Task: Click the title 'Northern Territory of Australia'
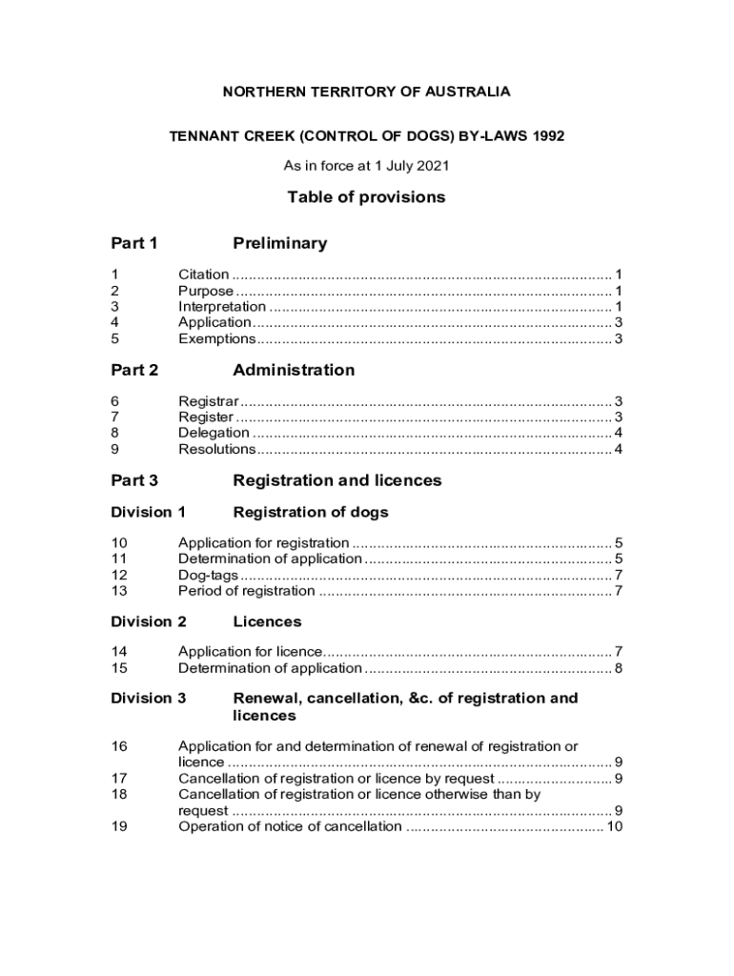click(366, 91)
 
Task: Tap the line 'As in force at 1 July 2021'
click(366, 166)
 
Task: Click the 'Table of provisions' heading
click(366, 197)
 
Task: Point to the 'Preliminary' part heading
click(279, 243)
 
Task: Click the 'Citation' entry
click(204, 274)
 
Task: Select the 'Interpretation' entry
click(222, 307)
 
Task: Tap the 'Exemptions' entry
click(216, 339)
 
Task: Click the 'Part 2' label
click(134, 370)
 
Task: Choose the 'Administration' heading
click(294, 370)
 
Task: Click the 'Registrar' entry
click(209, 401)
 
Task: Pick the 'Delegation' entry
click(214, 434)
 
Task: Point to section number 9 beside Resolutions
click(115, 449)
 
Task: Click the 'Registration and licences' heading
click(337, 480)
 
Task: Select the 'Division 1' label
click(148, 512)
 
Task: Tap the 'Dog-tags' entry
click(208, 575)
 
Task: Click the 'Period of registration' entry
click(246, 591)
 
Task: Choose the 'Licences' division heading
click(267, 621)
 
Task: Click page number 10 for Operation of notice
click(614, 826)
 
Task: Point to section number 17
click(119, 779)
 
